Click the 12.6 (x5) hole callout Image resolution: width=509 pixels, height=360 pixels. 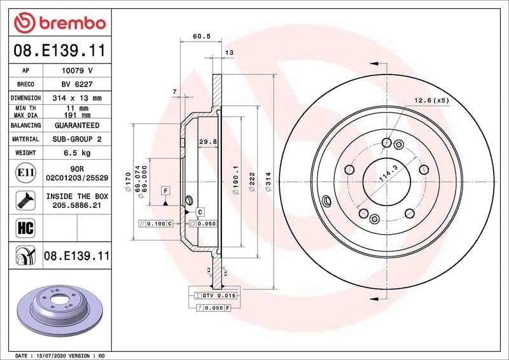tap(431, 100)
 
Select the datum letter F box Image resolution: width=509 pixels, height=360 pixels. tap(165, 191)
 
